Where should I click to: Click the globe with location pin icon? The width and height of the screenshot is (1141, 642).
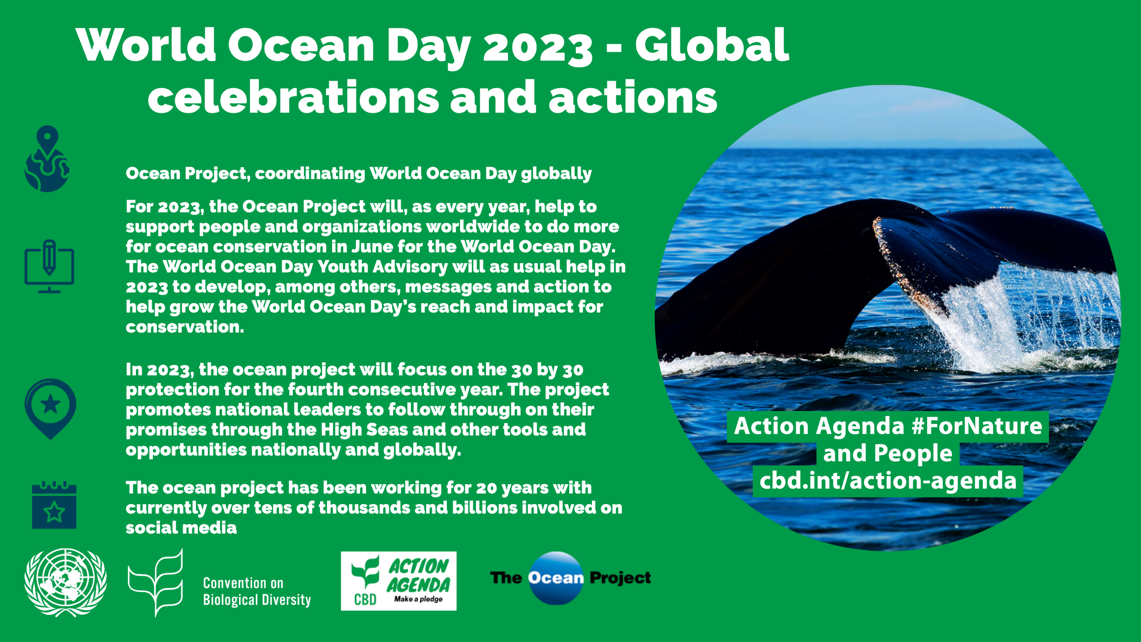tap(47, 159)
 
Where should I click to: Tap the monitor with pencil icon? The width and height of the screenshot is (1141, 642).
tap(49, 266)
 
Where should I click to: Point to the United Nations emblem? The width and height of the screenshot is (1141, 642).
tap(66, 582)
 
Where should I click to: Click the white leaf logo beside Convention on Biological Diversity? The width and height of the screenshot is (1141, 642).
tap(156, 582)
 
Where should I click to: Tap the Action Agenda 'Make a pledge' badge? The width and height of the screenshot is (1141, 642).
tap(398, 581)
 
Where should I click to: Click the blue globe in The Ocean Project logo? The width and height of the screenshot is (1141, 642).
tap(556, 578)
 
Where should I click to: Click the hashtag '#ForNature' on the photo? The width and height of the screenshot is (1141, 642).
tap(977, 426)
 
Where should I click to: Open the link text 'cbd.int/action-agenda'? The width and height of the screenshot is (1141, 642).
tap(888, 481)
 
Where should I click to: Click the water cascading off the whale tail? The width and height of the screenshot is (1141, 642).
tap(1025, 317)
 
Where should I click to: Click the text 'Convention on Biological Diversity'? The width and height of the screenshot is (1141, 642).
tap(257, 591)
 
